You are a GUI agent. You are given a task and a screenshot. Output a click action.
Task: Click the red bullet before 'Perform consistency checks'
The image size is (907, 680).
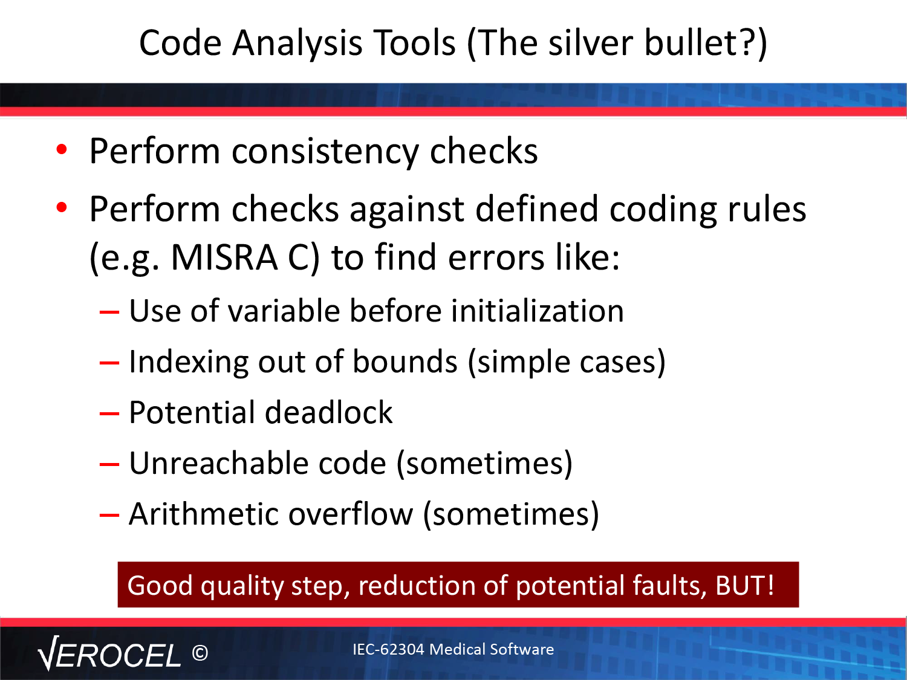click(62, 149)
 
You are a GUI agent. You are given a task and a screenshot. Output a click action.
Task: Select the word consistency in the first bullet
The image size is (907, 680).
click(325, 152)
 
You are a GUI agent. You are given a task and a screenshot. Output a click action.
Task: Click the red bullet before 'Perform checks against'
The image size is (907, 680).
click(62, 207)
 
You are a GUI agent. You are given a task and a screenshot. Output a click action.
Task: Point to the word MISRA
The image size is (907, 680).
click(224, 257)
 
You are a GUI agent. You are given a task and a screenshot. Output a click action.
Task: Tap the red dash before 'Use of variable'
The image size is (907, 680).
click(109, 312)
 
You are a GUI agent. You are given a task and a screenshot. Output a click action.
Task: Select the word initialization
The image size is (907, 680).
click(537, 311)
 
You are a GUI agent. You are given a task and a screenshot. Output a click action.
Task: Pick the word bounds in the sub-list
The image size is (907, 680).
click(405, 361)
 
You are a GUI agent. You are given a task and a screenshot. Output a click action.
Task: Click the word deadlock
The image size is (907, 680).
click(328, 412)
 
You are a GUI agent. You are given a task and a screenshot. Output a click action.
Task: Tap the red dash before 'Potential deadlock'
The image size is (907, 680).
click(109, 413)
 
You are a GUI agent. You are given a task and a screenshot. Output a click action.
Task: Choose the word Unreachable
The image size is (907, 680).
click(219, 463)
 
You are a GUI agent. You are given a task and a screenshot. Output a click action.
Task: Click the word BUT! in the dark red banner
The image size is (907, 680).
click(744, 585)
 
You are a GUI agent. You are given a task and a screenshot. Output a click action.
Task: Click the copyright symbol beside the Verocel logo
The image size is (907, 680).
click(200, 653)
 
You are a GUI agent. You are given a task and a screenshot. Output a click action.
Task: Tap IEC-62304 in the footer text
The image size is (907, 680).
click(388, 649)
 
